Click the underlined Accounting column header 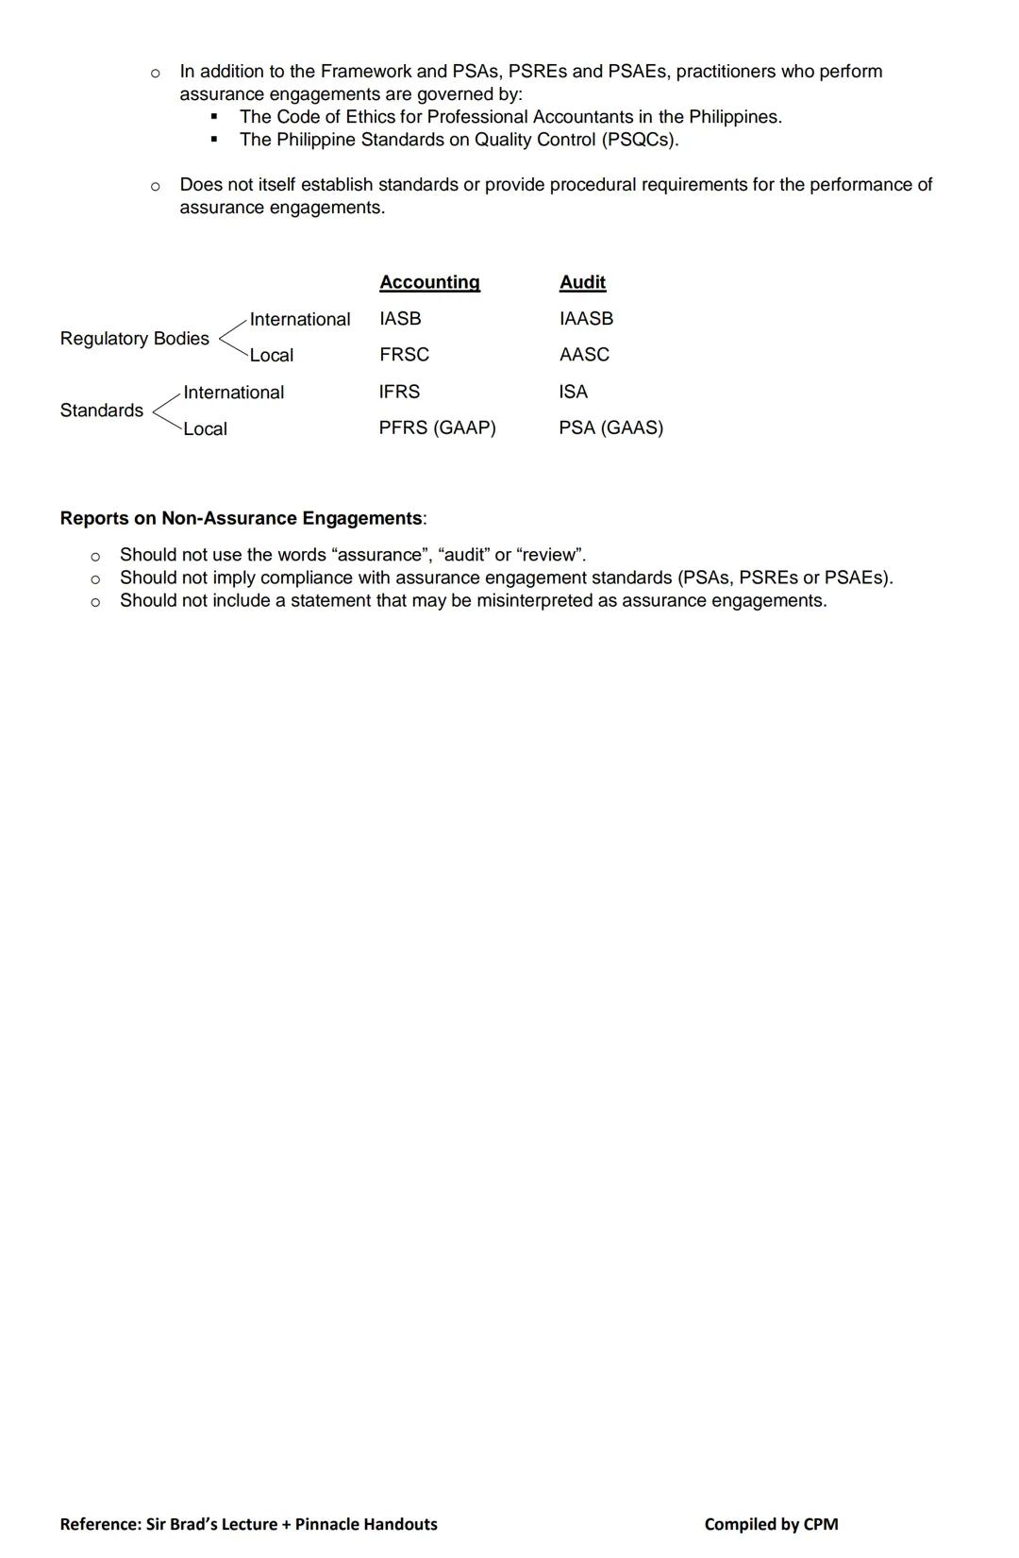pyautogui.click(x=429, y=282)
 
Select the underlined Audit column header pyautogui.click(x=582, y=282)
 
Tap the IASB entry pyautogui.click(x=400, y=319)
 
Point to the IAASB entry pyautogui.click(x=586, y=319)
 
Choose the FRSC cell pyautogui.click(x=404, y=355)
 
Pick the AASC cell pyautogui.click(x=584, y=355)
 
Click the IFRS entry pyautogui.click(x=399, y=392)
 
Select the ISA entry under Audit pyautogui.click(x=573, y=392)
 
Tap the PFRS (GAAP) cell pyautogui.click(x=437, y=427)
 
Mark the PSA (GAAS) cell pyautogui.click(x=610, y=427)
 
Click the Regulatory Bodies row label pyautogui.click(x=134, y=338)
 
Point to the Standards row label pyautogui.click(x=101, y=410)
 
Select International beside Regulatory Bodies pyautogui.click(x=299, y=320)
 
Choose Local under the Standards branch pyautogui.click(x=205, y=429)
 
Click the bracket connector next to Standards pyautogui.click(x=165, y=410)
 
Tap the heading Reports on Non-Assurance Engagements pyautogui.click(x=242, y=518)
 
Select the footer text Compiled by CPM pyautogui.click(x=771, y=1524)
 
